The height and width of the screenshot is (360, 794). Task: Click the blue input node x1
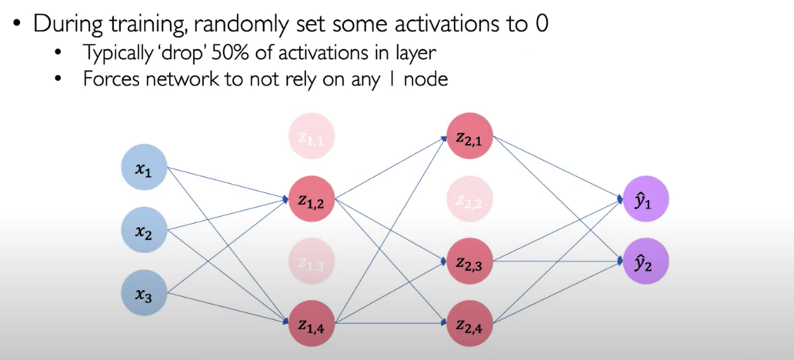coord(145,167)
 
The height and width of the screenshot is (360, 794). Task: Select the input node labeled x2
coord(145,230)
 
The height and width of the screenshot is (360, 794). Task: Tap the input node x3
coord(145,292)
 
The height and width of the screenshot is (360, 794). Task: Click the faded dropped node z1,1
coord(312,135)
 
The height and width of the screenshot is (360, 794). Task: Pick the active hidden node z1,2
coord(312,199)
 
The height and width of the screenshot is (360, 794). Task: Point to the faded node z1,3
coord(312,262)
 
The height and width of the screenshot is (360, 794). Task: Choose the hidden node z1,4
coord(312,324)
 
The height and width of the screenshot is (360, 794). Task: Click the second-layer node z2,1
coord(470,135)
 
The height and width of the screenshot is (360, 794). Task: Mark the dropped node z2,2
coord(470,199)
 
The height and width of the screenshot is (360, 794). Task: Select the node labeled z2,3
coord(470,262)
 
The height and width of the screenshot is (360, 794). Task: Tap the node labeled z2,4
coord(470,324)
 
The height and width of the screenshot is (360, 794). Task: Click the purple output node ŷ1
coord(646,199)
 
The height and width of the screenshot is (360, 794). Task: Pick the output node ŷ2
coord(646,262)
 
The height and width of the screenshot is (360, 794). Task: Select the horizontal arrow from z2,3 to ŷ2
coord(558,262)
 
